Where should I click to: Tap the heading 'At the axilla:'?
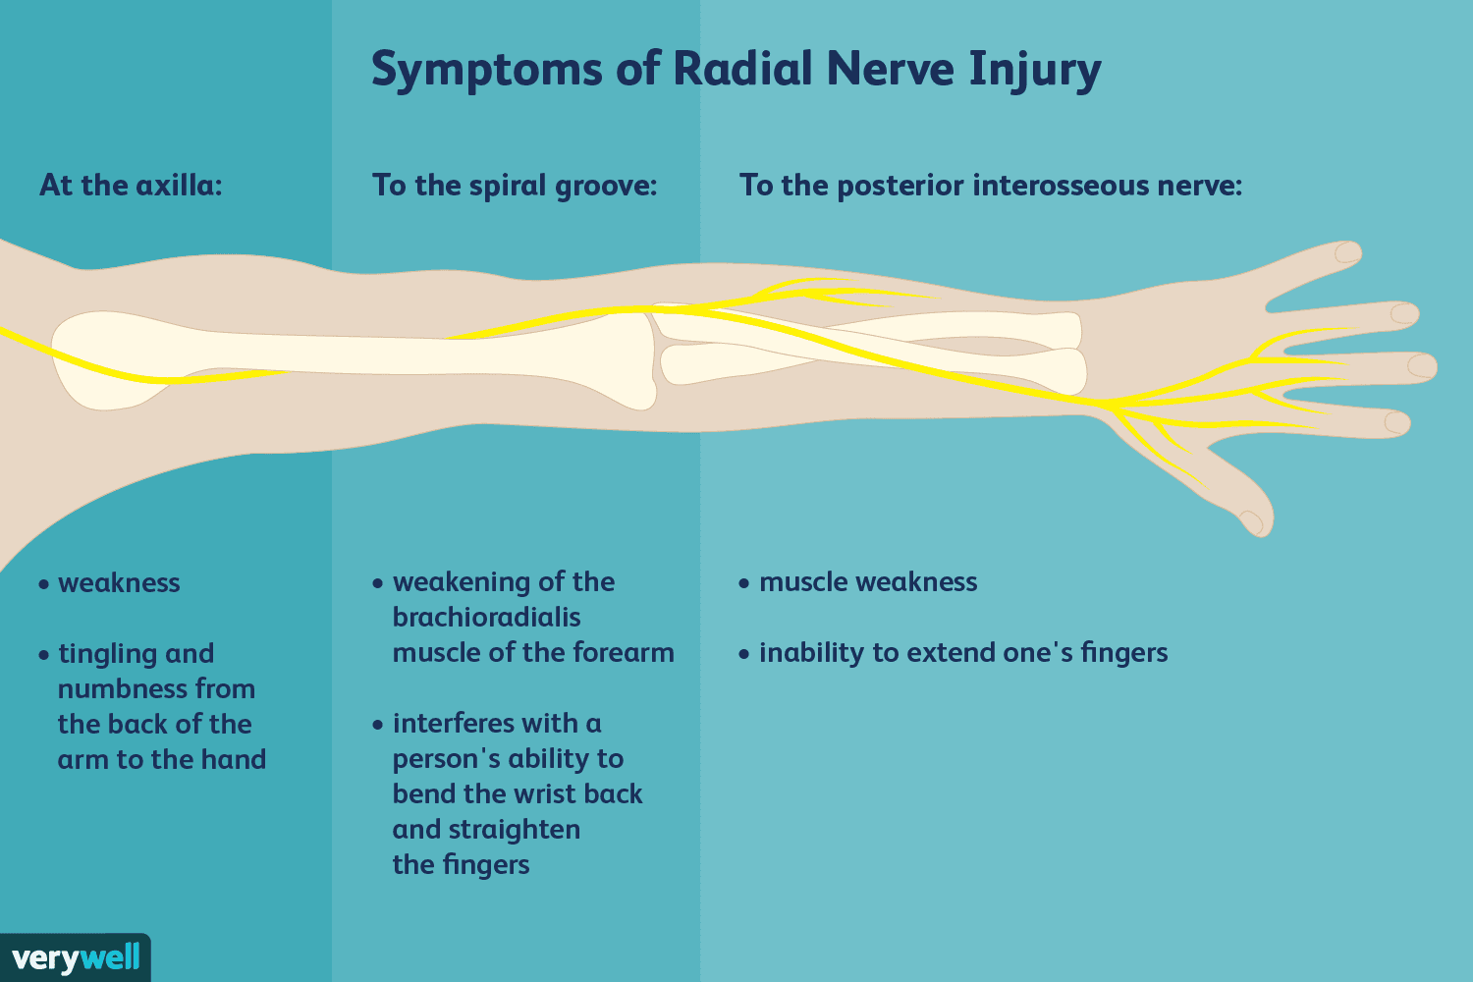tap(131, 185)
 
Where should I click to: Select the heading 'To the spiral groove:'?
tap(514, 185)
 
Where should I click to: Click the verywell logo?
tap(76, 957)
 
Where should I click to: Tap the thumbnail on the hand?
tap(1251, 521)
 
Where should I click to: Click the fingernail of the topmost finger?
tap(1347, 252)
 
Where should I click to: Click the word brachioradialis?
tap(486, 618)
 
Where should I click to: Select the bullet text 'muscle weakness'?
tap(867, 582)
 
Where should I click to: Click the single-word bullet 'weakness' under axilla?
tap(119, 583)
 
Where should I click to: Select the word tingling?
tap(107, 654)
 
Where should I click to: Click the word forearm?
tap(625, 653)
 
